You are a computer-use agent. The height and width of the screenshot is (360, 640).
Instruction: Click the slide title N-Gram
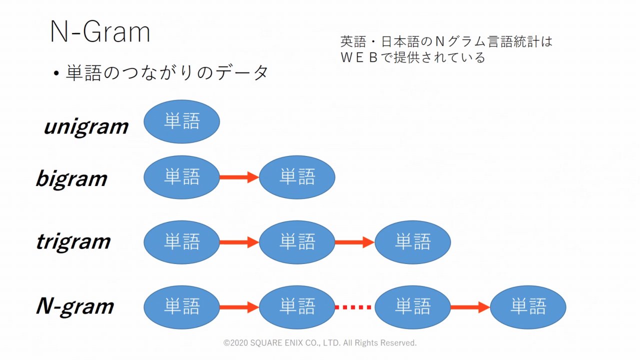100,32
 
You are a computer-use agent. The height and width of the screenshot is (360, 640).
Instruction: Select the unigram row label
86,127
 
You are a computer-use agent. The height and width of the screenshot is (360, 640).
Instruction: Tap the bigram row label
71,178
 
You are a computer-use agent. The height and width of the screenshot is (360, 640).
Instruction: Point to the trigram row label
73,242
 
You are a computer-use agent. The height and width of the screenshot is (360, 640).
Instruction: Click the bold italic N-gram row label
75,306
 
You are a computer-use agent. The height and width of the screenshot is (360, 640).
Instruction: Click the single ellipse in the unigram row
181,121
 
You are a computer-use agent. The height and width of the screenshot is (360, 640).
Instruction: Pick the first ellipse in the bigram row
181,177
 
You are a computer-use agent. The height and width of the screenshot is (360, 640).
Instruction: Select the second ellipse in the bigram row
297,177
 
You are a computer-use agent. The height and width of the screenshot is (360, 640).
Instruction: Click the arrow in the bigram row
239,177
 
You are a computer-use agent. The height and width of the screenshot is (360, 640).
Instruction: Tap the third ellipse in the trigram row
412,242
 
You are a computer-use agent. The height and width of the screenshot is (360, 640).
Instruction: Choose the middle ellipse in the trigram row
297,242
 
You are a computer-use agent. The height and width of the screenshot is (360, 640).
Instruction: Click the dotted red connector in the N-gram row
354,307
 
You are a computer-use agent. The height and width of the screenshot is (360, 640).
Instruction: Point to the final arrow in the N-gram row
470,307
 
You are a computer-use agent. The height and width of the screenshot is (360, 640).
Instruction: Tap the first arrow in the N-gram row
239,307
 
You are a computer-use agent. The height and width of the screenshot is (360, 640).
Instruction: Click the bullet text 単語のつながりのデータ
167,73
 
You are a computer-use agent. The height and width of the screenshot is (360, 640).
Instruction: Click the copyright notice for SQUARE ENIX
320,343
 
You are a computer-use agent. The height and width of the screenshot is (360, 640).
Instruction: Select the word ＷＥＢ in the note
359,57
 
